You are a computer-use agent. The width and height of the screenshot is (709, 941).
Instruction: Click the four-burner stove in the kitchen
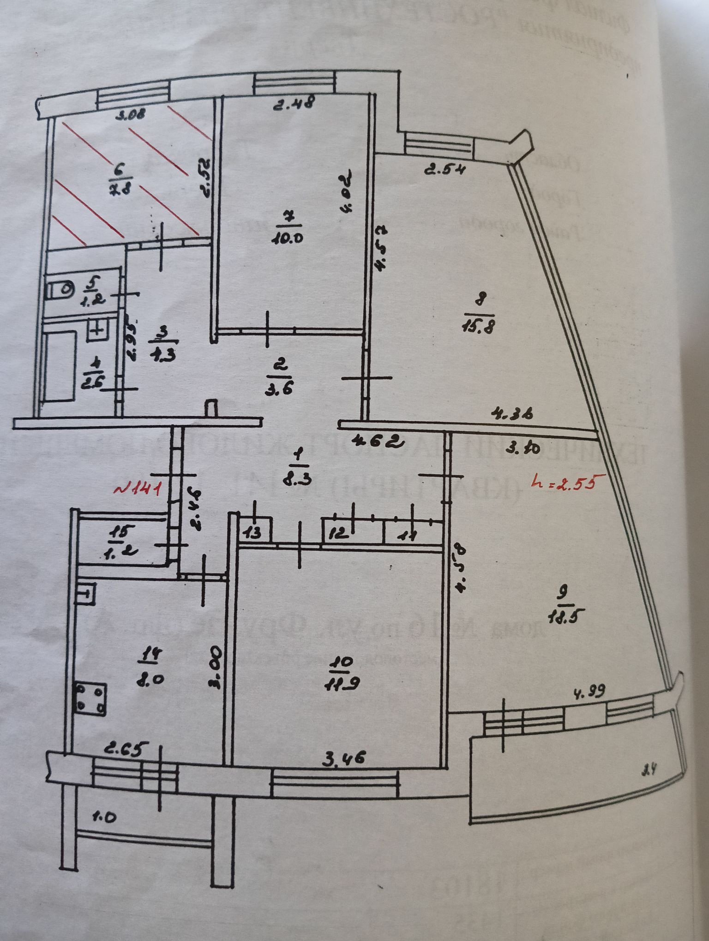(x=90, y=698)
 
